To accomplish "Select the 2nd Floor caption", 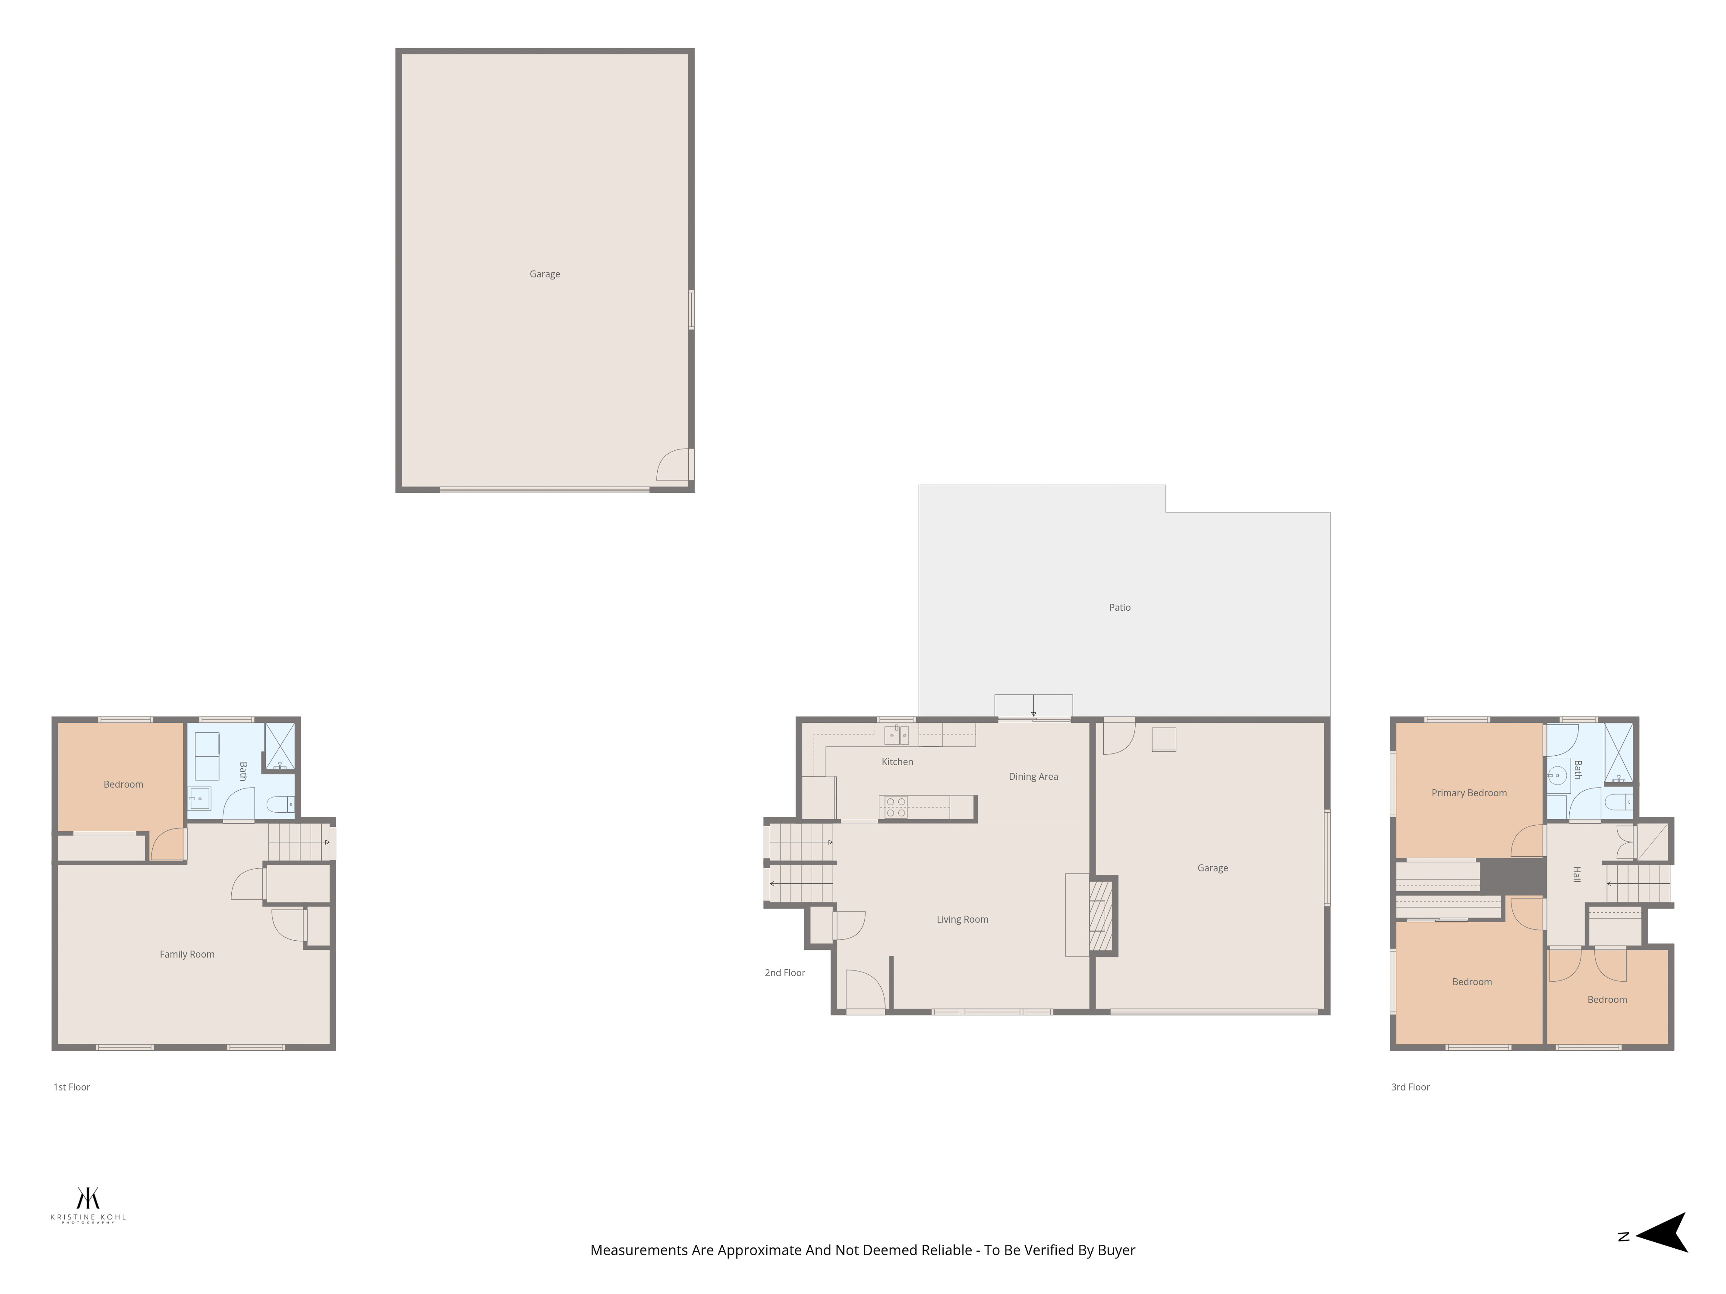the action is [785, 973].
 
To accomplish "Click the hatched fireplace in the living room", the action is [1100, 915].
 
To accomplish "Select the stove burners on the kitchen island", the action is [896, 807].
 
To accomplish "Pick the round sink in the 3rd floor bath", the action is [1557, 775].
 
